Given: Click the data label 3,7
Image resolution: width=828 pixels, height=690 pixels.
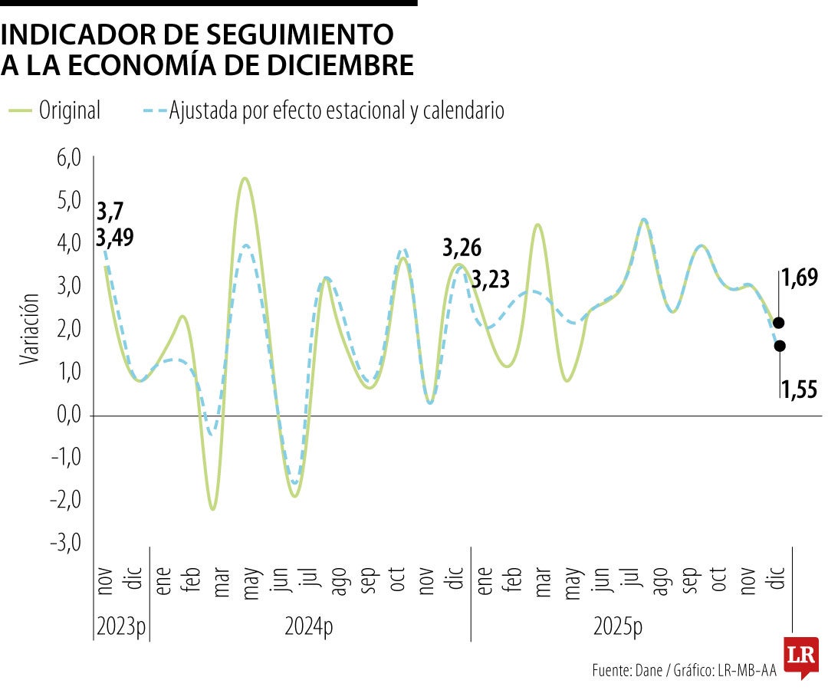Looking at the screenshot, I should tap(110, 212).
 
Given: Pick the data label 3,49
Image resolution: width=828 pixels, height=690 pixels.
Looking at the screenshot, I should tap(115, 238).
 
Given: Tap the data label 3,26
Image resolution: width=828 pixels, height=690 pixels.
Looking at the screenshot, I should tap(462, 248).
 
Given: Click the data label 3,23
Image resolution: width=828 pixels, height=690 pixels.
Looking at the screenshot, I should tap(491, 279).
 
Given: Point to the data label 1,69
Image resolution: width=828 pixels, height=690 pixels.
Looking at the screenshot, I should tap(800, 278).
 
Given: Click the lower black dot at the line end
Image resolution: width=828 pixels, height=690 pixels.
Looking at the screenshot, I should tap(779, 346).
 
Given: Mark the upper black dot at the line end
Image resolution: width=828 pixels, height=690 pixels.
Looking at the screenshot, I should tap(779, 323).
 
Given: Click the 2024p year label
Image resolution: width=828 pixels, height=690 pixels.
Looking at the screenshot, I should tap(309, 626).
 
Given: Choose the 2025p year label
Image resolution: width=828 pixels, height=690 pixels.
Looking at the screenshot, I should tap(618, 626).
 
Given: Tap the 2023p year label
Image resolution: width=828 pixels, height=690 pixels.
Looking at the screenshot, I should tap(120, 626).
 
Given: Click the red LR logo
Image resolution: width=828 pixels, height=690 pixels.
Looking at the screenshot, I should tap(801, 656).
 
